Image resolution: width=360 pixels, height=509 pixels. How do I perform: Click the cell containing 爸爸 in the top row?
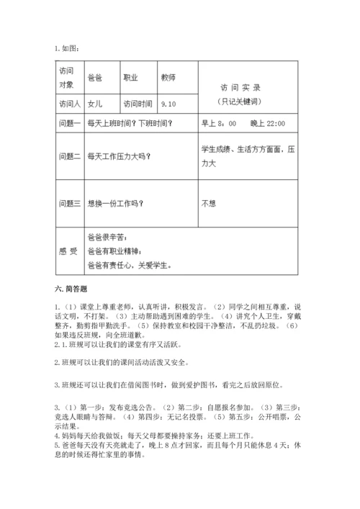point(94,78)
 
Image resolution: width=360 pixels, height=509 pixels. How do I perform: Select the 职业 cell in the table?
point(131,78)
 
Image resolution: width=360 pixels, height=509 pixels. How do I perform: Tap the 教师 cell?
point(168,78)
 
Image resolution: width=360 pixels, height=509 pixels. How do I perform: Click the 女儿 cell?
point(94,104)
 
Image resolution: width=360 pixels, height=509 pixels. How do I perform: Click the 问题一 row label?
point(69,124)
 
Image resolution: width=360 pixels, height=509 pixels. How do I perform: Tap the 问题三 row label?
point(69,203)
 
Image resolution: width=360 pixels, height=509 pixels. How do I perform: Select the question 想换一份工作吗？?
point(115,203)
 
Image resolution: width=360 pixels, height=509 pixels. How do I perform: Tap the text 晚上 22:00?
point(268,124)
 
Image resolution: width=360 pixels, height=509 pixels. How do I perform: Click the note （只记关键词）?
point(240,101)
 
